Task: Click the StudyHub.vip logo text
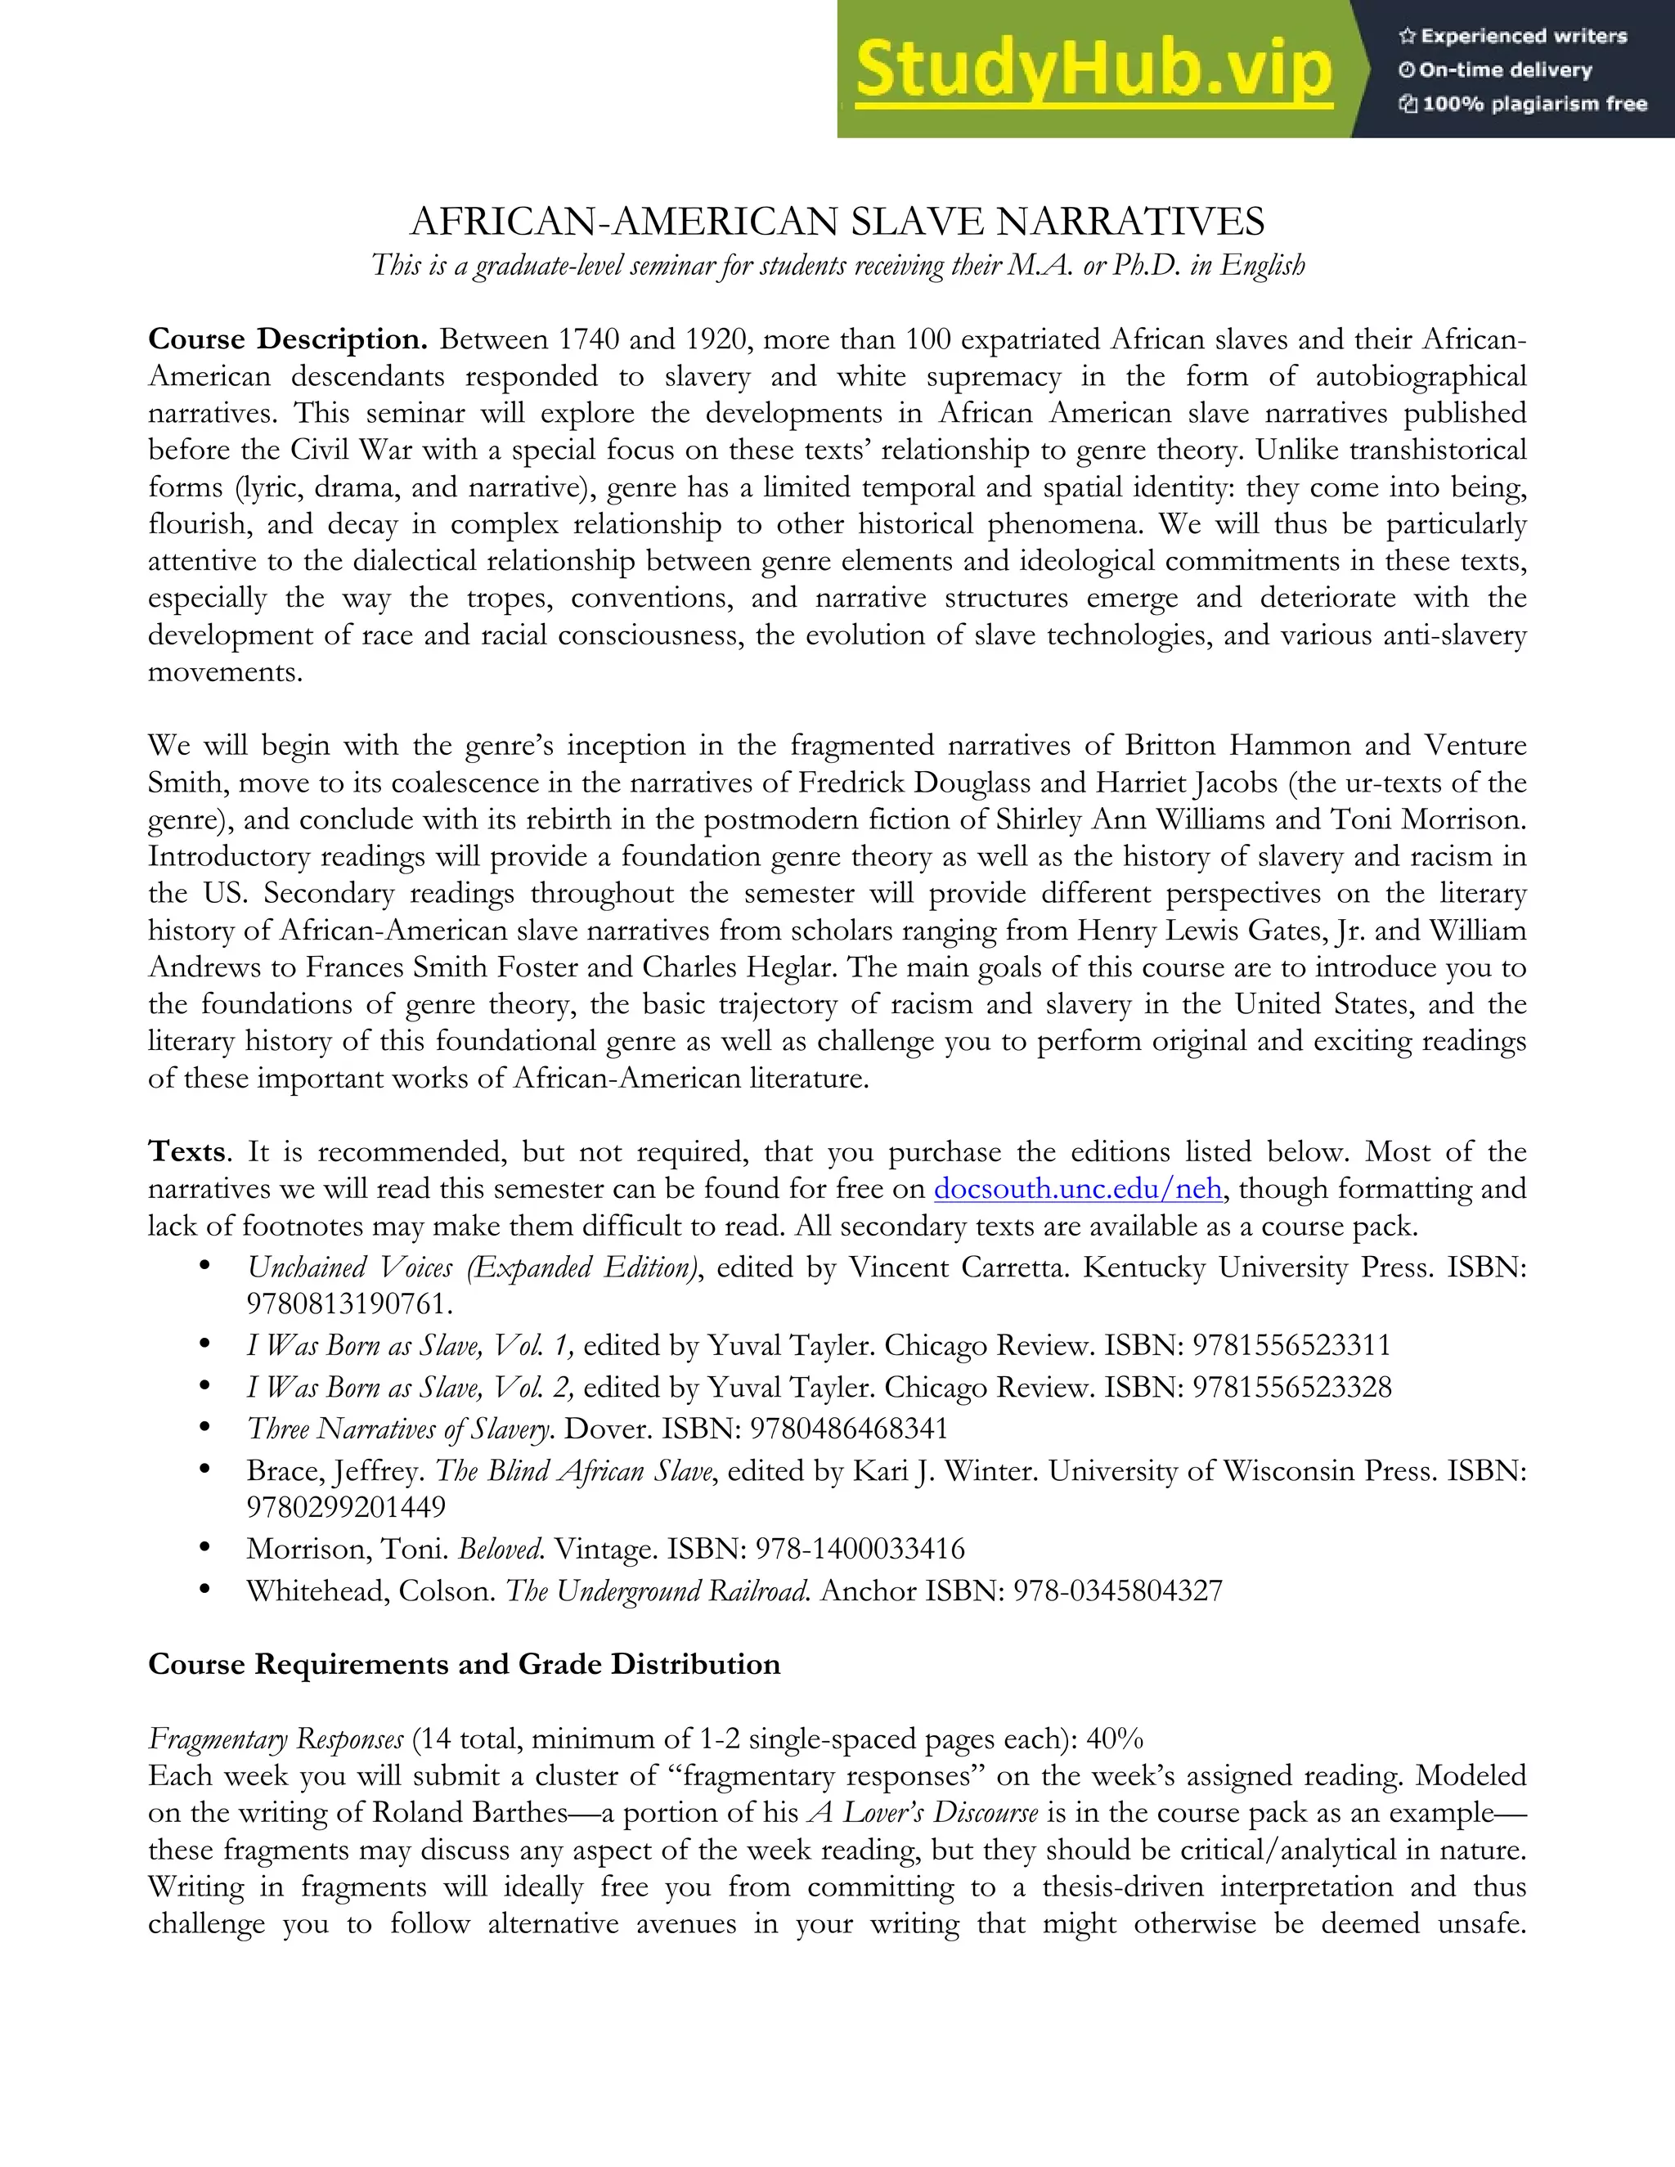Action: tap(1093, 70)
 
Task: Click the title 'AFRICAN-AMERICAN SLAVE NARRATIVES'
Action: tap(837, 222)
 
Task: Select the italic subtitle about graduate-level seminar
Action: tap(837, 266)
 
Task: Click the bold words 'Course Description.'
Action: tap(288, 339)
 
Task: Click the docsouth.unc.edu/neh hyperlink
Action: tap(1078, 1189)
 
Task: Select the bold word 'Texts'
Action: tap(187, 1152)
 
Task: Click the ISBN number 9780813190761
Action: tap(349, 1303)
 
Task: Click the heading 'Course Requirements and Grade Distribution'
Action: tap(464, 1664)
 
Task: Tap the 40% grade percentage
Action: tap(1115, 1739)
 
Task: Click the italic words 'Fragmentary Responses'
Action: tap(276, 1739)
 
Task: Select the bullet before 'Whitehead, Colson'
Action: tap(204, 1590)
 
